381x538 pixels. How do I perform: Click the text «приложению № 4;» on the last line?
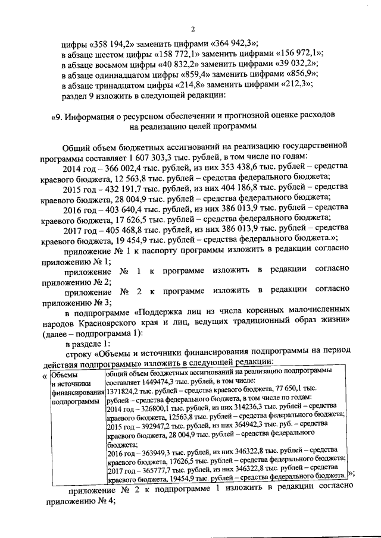click(x=80, y=500)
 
